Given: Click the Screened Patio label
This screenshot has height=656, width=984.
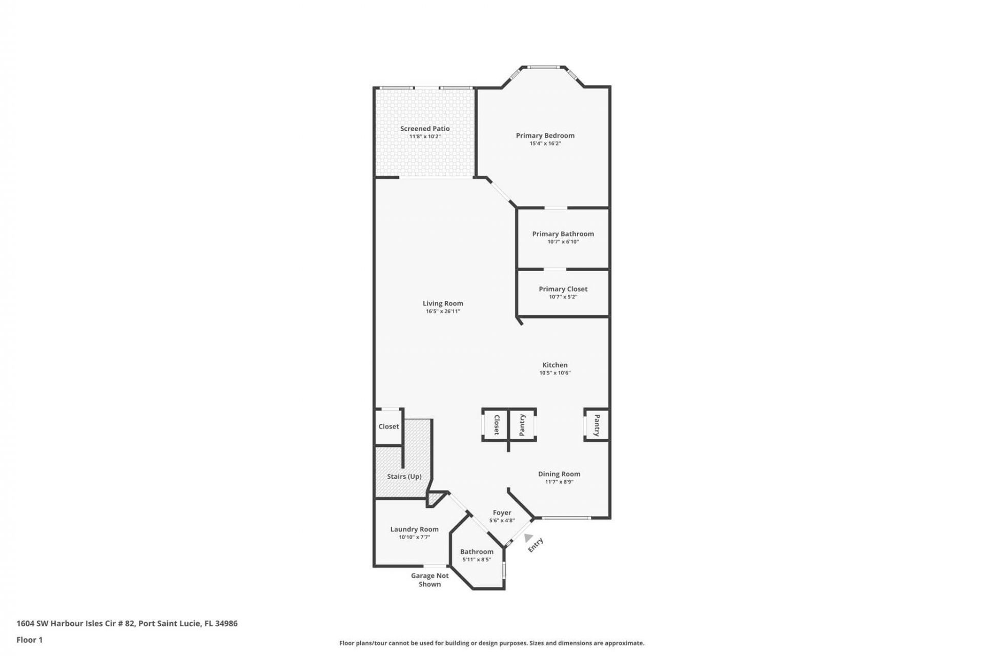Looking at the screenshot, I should [425, 129].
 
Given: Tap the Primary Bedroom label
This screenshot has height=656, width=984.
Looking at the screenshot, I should [545, 135].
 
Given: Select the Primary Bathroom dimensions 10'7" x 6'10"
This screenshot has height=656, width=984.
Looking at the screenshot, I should [563, 242].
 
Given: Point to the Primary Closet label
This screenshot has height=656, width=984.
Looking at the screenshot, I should [563, 289].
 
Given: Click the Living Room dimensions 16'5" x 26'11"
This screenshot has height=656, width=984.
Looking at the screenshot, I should [443, 312].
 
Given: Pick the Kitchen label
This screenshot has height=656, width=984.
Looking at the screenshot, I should [555, 365].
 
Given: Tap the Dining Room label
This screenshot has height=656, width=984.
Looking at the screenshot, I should [559, 474].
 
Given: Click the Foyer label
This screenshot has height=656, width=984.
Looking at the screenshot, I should [502, 512].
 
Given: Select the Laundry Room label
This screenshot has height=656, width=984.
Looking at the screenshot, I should [414, 529].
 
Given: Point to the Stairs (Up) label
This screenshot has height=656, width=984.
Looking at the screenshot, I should [404, 477].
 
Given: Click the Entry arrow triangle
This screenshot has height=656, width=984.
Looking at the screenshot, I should [528, 538].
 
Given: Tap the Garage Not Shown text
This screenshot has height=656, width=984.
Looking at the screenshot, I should [429, 580].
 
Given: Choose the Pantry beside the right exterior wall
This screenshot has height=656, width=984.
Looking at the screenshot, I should [597, 425].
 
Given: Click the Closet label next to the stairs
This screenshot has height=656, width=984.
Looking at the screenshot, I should [388, 426].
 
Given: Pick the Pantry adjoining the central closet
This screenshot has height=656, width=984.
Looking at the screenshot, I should [522, 425].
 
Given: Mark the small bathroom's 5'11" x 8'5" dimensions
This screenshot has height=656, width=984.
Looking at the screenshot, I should [476, 560].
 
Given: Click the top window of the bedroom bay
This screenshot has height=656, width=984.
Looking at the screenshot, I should [544, 67].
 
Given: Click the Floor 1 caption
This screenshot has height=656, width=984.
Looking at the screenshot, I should [29, 640].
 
